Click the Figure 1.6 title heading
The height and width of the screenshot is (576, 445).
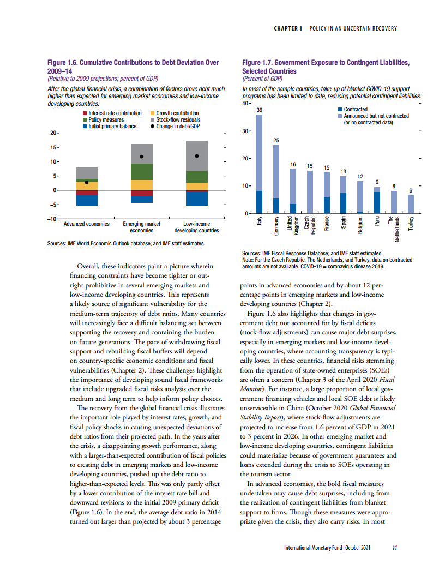click(134, 67)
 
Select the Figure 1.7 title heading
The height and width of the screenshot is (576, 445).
click(326, 67)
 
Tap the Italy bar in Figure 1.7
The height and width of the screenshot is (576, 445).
click(260, 164)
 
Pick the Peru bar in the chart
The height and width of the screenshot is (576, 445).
click(377, 200)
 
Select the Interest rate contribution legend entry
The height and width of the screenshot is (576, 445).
click(112, 113)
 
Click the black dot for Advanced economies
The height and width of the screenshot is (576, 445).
click(87, 182)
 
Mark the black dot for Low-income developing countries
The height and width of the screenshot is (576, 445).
click(197, 156)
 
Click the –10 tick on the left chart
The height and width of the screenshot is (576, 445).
click(53, 219)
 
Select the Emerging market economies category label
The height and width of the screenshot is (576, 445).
click(142, 227)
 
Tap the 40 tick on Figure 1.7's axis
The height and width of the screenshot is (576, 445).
click(246, 103)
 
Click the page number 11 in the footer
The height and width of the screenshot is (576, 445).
click(394, 548)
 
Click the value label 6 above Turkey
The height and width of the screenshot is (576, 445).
click(411, 190)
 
